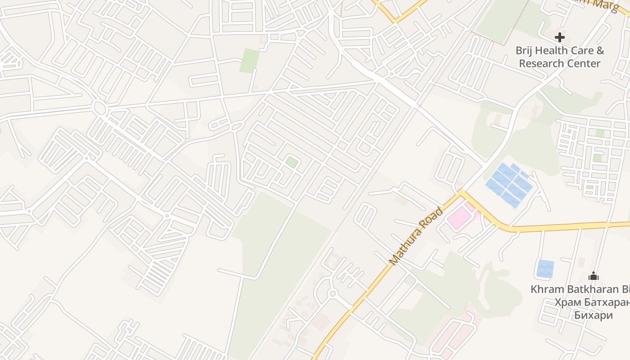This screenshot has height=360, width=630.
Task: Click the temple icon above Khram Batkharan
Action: [x=593, y=275]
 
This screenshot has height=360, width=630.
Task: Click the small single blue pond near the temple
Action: [x=545, y=268]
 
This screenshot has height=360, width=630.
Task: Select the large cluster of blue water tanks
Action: [x=509, y=185]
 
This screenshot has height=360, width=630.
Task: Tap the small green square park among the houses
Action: [x=292, y=162]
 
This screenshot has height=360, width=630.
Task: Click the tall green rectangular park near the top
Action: [x=249, y=60]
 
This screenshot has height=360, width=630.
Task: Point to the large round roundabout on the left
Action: [x=99, y=108]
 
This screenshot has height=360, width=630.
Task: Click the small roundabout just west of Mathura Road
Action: [x=333, y=293]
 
